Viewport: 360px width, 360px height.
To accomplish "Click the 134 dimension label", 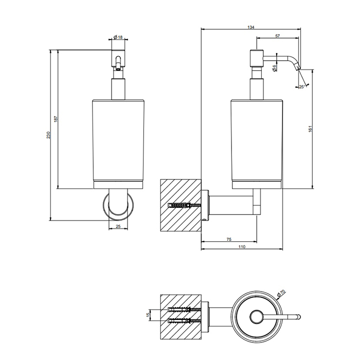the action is pyautogui.click(x=251, y=27).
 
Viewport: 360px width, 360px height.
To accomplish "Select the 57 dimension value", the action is pyautogui.click(x=278, y=36).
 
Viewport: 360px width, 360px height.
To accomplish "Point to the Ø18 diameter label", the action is pyautogui.click(x=118, y=37).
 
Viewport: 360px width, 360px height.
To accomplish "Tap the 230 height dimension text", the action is pyautogui.click(x=48, y=135).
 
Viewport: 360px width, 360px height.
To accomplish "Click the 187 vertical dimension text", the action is pyautogui.click(x=56, y=119).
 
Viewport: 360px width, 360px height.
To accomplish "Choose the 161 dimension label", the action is pyautogui.click(x=310, y=129).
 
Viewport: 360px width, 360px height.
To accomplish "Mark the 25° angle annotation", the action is pyautogui.click(x=302, y=87).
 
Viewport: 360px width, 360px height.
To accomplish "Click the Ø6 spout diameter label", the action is pyautogui.click(x=274, y=68).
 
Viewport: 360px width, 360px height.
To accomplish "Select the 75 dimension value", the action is pyautogui.click(x=229, y=240).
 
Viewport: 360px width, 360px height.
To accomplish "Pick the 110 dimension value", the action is pyautogui.click(x=242, y=247).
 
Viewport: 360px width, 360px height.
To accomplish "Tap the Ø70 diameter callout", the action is pyautogui.click(x=281, y=293).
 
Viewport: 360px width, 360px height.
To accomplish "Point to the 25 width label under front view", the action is pyautogui.click(x=118, y=226).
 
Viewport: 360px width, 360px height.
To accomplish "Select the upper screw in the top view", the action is pyautogui.click(x=184, y=310).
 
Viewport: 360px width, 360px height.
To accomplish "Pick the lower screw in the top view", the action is pyautogui.click(x=184, y=320).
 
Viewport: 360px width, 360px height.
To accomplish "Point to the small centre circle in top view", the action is pyautogui.click(x=257, y=317).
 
